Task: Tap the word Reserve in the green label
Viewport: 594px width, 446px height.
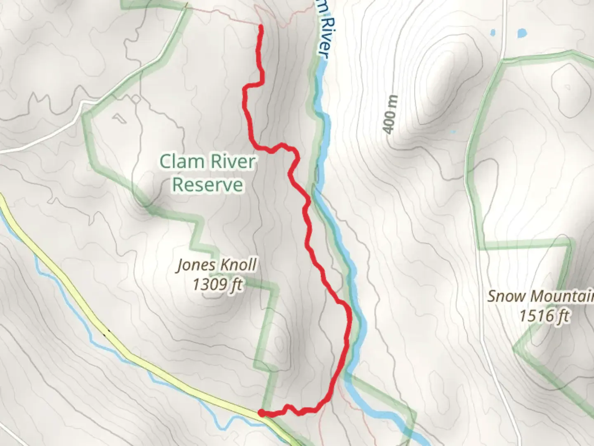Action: [207, 185]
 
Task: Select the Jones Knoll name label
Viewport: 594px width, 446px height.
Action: [217, 265]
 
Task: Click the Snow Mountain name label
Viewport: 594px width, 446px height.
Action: [540, 296]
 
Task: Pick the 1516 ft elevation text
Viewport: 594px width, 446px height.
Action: [544, 316]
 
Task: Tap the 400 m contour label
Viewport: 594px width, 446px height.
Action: [391, 114]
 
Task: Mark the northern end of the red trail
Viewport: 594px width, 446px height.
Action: [261, 27]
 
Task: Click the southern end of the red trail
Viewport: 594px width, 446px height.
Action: [261, 412]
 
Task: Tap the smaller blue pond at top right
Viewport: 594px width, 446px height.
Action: [493, 32]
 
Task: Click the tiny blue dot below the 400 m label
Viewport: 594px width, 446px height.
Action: [453, 132]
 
